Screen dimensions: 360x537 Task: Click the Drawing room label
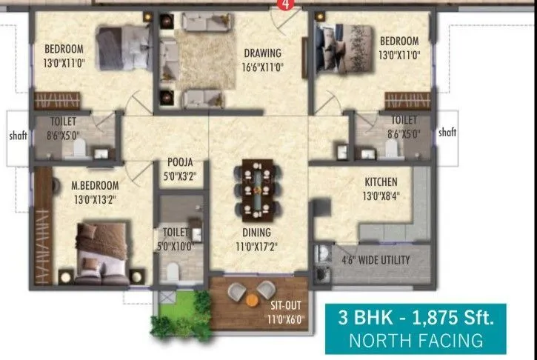pyautogui.click(x=263, y=53)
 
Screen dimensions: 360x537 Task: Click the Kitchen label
pyautogui.click(x=381, y=181)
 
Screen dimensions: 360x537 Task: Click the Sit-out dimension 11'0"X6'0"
pyautogui.click(x=284, y=320)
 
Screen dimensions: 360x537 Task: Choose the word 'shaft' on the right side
pyautogui.click(x=447, y=133)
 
